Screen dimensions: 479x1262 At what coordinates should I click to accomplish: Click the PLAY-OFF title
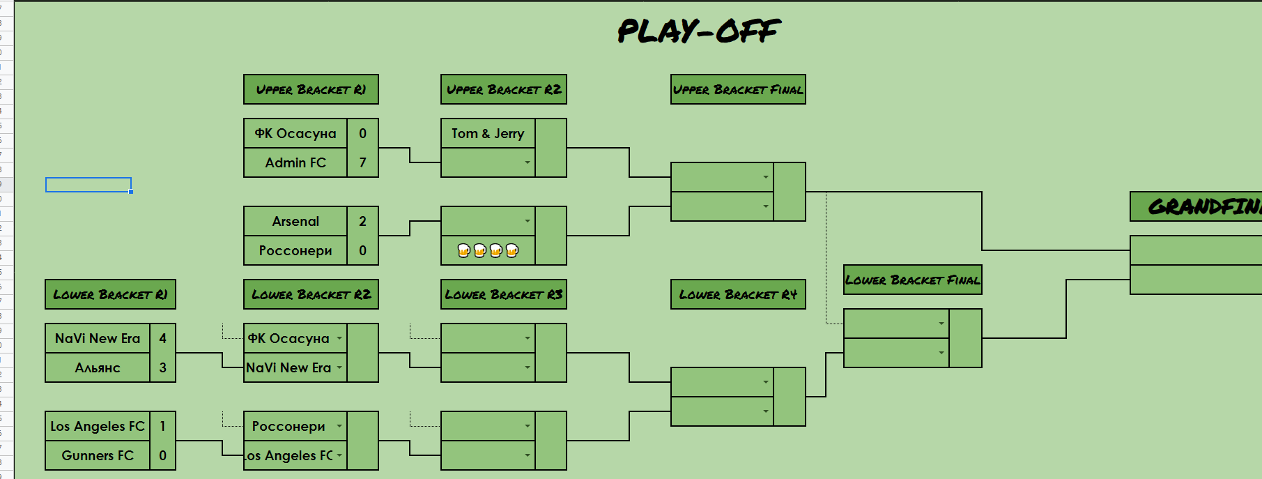click(x=699, y=31)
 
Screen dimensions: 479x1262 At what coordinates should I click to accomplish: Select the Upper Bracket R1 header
click(x=311, y=89)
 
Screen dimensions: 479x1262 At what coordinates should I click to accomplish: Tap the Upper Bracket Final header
click(x=738, y=89)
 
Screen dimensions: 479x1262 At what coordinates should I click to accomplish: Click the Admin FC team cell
click(x=295, y=162)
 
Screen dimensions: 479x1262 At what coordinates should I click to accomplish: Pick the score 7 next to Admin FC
click(x=362, y=162)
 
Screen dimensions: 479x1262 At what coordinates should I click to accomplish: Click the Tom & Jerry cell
click(x=488, y=133)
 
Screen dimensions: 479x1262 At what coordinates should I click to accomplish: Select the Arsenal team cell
click(x=295, y=221)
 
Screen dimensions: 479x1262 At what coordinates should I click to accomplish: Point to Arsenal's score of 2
click(x=362, y=221)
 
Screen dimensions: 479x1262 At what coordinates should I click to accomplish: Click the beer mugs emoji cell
click(x=488, y=250)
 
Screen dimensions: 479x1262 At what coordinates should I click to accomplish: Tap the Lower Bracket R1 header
click(x=110, y=294)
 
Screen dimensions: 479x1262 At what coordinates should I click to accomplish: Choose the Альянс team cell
click(x=98, y=367)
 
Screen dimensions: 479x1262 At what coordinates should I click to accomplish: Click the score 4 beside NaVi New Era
click(x=162, y=338)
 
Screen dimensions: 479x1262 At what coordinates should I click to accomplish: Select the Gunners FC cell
click(x=98, y=455)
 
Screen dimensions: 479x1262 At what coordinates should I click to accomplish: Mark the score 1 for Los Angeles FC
click(x=162, y=426)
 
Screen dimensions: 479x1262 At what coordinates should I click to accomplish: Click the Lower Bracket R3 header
click(x=503, y=294)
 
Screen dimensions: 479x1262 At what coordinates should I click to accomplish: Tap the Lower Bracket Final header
click(x=912, y=280)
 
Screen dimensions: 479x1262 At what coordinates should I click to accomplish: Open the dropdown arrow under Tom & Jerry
click(x=528, y=162)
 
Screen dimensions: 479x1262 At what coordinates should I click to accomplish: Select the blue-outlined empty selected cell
click(x=89, y=185)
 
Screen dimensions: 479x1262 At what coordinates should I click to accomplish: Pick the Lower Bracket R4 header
click(x=738, y=294)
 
